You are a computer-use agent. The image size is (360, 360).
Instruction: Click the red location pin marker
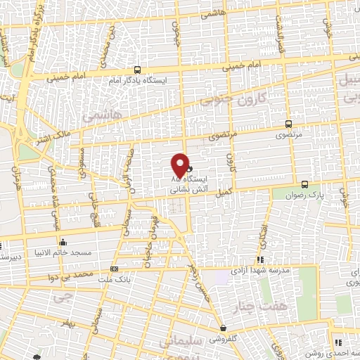tap(181, 165)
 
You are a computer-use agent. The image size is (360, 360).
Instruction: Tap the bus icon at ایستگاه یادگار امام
tap(136, 70)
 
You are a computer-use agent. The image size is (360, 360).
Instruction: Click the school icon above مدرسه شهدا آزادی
tap(262, 259)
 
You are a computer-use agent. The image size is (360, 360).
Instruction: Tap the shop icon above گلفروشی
tap(223, 328)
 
